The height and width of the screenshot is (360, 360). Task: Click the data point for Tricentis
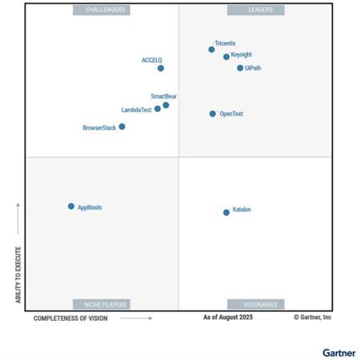(x=211, y=50)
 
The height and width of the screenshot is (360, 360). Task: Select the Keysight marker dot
(x=226, y=57)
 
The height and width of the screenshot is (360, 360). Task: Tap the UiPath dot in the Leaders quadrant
(x=240, y=68)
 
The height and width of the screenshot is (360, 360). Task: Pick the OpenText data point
(x=213, y=114)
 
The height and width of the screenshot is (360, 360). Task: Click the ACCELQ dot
(x=161, y=68)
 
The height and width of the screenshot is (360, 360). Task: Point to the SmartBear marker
(x=166, y=105)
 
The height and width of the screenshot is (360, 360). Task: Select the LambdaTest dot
(x=158, y=109)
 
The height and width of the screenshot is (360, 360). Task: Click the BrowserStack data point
(x=122, y=126)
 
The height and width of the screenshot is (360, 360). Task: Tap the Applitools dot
(x=71, y=206)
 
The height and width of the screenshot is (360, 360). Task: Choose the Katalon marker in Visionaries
(x=226, y=212)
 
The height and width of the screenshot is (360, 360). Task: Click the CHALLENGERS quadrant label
(x=102, y=10)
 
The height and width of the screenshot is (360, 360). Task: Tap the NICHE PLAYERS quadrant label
(x=102, y=304)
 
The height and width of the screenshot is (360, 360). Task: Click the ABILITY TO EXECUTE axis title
(x=18, y=274)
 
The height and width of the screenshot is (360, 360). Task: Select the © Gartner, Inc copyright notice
(x=312, y=318)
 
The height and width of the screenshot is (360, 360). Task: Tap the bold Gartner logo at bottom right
(x=339, y=351)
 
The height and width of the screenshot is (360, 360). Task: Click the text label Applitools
(x=90, y=207)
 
